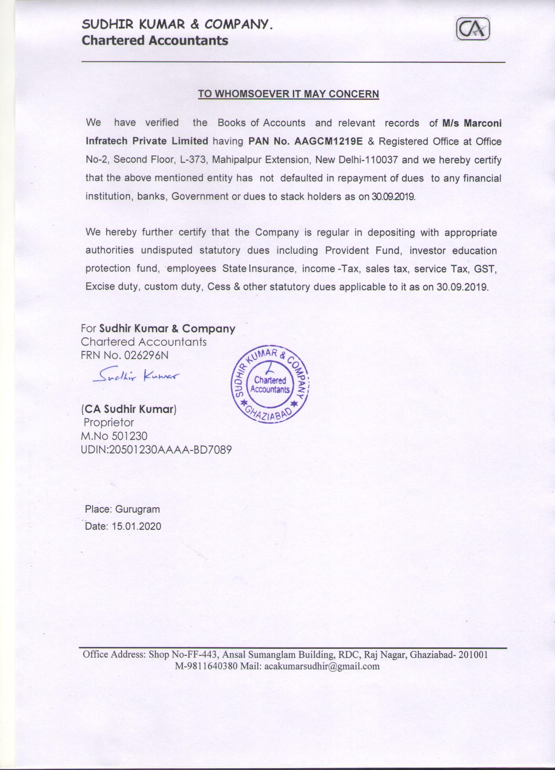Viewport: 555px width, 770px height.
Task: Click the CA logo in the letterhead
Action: (473, 30)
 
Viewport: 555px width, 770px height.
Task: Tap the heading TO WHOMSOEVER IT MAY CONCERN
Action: (288, 94)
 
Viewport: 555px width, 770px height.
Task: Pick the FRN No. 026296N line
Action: (125, 355)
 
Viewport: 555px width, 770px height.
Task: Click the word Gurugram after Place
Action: (137, 510)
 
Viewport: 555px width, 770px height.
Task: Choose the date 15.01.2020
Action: (136, 526)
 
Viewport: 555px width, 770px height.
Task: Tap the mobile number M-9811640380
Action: (206, 666)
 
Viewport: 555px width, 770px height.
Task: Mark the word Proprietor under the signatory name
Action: (109, 423)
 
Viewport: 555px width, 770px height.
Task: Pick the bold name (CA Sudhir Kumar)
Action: (128, 409)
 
